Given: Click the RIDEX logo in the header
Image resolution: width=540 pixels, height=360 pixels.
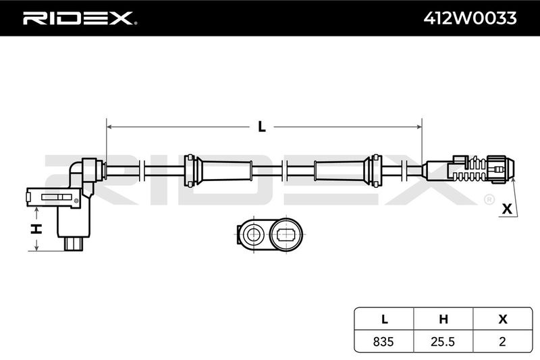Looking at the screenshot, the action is (80, 18).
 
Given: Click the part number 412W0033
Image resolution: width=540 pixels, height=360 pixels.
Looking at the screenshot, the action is (470, 18).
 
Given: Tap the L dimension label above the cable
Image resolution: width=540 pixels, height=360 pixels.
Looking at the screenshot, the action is (262, 127).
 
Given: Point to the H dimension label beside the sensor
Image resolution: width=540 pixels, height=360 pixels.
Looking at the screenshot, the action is (36, 228).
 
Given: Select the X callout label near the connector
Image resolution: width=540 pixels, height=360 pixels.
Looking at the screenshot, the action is (507, 209).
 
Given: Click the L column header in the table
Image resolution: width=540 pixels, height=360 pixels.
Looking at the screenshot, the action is (384, 319).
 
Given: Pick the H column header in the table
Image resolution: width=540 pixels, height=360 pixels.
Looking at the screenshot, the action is (443, 319).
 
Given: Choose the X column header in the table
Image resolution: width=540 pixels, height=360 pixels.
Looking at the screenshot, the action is (503, 319).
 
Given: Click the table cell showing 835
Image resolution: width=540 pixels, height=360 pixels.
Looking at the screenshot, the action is (383, 341).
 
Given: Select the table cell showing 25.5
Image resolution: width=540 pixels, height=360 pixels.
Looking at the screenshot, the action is (443, 341).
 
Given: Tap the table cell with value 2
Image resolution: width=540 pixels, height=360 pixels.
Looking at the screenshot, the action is (502, 341).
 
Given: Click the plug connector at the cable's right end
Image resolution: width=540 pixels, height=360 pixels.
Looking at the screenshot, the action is (468, 169).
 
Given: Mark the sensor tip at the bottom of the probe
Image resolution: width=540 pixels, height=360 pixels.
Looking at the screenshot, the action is (74, 244).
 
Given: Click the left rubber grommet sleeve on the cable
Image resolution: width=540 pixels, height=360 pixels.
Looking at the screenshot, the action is (218, 170).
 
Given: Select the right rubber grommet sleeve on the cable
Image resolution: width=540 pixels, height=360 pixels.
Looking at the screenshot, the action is (348, 170).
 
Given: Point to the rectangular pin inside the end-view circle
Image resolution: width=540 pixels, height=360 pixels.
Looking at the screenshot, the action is (286, 235).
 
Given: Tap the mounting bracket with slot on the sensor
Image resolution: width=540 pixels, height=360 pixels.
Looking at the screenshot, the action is (54, 198).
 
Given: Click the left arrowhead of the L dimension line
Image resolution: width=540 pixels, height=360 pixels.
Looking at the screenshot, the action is (109, 127).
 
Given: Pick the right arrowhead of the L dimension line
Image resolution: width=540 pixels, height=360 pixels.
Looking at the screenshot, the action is (418, 127).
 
